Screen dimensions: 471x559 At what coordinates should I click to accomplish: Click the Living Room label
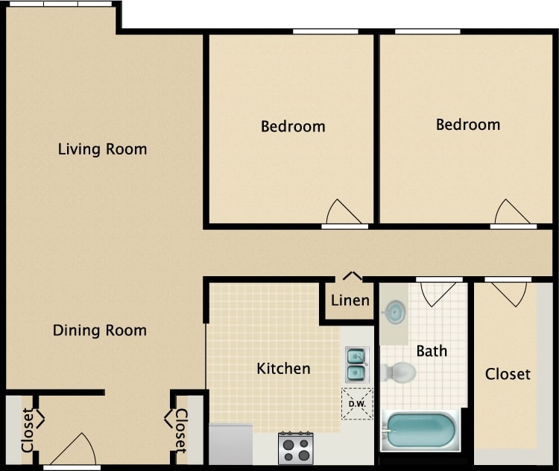pos(102,149)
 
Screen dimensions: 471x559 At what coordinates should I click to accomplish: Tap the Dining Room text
pos(99,330)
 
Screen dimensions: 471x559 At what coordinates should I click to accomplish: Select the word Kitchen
pos(283,368)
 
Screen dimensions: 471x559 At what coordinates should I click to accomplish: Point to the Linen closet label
pos(350,300)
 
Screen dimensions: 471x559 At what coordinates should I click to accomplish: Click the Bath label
pos(432,350)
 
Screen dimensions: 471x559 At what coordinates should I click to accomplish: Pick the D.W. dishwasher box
pos(357,404)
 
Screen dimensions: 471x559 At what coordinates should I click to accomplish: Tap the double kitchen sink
pos(356,364)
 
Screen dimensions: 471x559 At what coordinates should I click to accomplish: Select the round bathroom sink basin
pos(395,311)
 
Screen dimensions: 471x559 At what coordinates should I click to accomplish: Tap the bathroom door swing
pos(438,293)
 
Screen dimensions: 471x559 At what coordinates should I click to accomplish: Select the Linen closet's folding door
pos(353,276)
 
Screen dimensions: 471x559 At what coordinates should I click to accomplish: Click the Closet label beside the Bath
pos(508,373)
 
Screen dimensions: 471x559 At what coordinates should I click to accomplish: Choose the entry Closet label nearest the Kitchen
pos(180,431)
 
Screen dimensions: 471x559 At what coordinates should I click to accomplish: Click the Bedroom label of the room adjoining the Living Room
pos(293,127)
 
